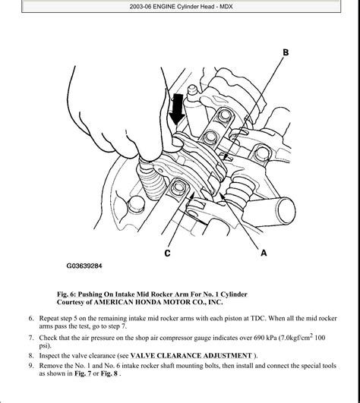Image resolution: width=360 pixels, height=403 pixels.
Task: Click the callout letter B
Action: coord(286,52)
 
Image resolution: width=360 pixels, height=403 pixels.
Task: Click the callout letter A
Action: coord(264,253)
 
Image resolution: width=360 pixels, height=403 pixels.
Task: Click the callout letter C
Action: coord(167,253)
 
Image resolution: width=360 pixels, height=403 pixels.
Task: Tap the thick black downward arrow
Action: coord(177,109)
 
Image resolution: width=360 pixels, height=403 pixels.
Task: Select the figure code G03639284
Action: coord(84,266)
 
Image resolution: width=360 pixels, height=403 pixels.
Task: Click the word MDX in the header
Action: coord(226,7)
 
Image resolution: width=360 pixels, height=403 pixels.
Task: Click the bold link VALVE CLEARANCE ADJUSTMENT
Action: coord(191,356)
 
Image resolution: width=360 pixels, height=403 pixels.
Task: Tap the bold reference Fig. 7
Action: coord(83,373)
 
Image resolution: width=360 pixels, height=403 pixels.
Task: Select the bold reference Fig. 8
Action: coord(109,373)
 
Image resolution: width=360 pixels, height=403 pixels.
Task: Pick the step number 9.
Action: coord(31,366)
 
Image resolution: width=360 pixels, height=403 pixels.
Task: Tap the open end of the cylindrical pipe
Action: coord(286,210)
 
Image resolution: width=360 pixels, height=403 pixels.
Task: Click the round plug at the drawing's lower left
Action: coord(136,204)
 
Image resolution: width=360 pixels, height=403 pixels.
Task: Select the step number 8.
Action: coord(31,356)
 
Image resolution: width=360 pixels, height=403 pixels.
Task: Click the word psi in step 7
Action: coord(45,346)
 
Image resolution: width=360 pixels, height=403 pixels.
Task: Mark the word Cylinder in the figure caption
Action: coord(234,294)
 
